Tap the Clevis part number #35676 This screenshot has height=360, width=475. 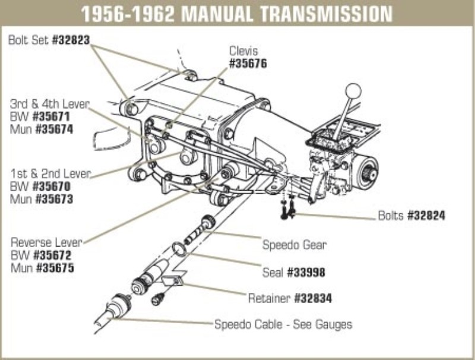pyautogui.click(x=248, y=63)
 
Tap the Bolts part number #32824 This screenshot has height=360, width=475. pyautogui.click(x=426, y=215)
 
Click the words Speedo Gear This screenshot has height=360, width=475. pyautogui.click(x=294, y=244)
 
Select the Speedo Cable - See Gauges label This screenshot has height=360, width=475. pyautogui.click(x=283, y=324)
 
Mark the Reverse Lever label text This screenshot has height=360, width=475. pyautogui.click(x=47, y=242)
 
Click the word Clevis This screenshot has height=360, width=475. pyautogui.click(x=243, y=52)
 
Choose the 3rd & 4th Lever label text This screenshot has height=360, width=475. pyautogui.click(x=49, y=104)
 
